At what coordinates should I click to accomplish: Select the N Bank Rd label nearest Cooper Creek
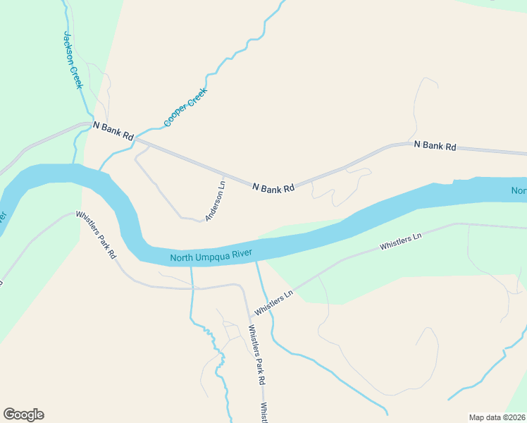point(113,130)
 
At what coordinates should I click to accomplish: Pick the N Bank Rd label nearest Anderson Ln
point(273,188)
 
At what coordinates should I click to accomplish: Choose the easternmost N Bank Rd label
point(435,146)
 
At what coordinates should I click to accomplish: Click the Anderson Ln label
point(215,202)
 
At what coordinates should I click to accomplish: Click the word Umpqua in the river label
point(216,255)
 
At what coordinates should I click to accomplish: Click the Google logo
point(23,415)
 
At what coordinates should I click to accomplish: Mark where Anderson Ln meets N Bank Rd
point(223,175)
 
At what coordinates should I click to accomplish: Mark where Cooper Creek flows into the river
point(101,169)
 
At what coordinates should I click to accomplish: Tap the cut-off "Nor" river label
point(519,191)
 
